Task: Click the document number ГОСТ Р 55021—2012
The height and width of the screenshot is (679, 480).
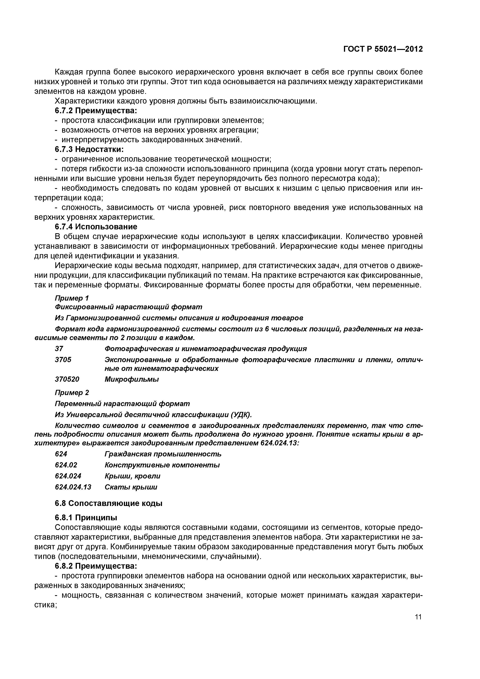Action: pyautogui.click(x=383, y=49)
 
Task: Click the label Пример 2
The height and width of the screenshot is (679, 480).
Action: pyautogui.click(x=72, y=392)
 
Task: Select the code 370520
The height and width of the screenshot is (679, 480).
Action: pyautogui.click(x=67, y=379)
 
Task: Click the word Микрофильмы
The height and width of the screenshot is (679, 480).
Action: pyautogui.click(x=132, y=379)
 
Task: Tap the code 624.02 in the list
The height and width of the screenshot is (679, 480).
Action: pyautogui.click(x=66, y=465)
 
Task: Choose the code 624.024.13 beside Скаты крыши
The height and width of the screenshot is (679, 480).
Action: pyautogui.click(x=73, y=487)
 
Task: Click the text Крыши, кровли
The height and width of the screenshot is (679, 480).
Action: pyautogui.click(x=133, y=476)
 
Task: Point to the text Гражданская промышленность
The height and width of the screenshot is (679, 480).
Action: pyautogui.click(x=163, y=454)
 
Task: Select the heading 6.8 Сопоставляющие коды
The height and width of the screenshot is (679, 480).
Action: pyautogui.click(x=109, y=503)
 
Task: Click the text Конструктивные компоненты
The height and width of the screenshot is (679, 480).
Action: pyautogui.click(x=162, y=465)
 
